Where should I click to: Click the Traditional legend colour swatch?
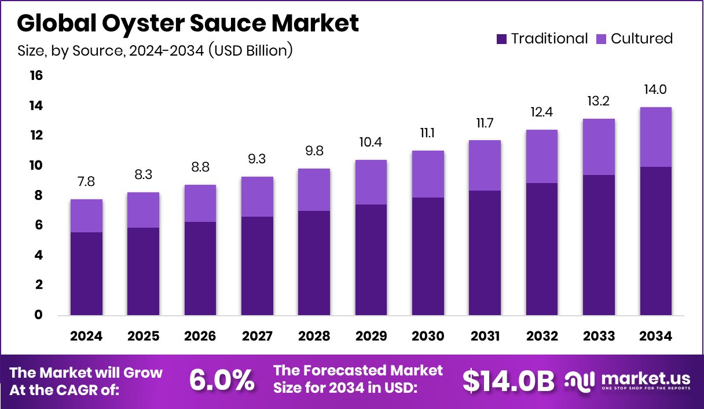pos(501,39)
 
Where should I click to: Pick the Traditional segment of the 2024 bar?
pos(87,273)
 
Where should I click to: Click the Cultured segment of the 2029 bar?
pos(371,182)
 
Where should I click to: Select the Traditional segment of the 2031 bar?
pos(485,253)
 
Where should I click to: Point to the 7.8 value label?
pos(87,182)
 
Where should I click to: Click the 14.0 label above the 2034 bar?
pos(655,90)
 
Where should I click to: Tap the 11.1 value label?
pos(428,133)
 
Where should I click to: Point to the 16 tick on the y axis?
pos(36,76)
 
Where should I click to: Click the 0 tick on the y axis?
pos(39,315)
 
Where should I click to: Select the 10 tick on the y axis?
pos(36,166)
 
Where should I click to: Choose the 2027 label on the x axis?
pos(257,337)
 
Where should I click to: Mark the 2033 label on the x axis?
pos(599,337)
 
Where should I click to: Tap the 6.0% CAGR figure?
pos(222,380)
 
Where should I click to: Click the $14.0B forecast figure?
pos(508,380)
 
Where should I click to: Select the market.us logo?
pos(628,380)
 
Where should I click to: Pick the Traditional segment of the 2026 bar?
pos(200,268)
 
